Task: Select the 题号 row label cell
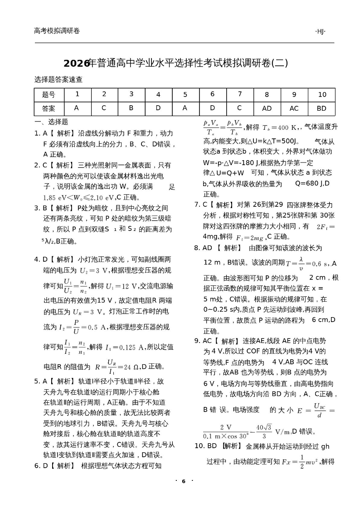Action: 49,94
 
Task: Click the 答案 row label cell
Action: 49,108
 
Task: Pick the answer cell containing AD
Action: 267,108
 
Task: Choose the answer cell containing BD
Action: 321,108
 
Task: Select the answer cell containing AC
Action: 294,108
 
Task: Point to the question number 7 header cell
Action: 239,94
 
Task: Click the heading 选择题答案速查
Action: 58,79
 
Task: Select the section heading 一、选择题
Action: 51,122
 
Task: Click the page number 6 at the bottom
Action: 183,481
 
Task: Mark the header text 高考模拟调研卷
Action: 57,31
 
